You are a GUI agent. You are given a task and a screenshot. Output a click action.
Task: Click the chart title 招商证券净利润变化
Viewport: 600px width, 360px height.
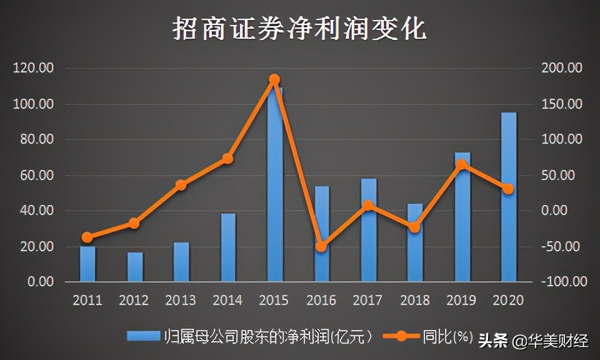point(299,29)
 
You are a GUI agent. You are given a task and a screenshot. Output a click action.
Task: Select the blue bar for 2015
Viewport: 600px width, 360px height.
point(275,187)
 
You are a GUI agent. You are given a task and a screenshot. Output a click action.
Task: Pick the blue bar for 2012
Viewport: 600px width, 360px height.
point(135,267)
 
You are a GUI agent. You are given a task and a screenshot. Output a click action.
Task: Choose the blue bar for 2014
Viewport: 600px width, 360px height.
point(228,247)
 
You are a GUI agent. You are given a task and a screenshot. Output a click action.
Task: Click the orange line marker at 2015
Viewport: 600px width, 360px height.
point(274,79)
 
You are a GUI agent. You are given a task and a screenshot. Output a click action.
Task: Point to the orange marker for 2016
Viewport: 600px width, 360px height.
point(321,247)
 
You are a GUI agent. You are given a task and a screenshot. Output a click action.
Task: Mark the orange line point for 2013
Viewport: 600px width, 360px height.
point(181,185)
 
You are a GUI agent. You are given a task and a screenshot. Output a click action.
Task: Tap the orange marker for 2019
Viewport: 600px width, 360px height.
point(462,165)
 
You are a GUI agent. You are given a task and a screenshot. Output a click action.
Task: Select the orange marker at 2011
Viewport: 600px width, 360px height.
point(87,237)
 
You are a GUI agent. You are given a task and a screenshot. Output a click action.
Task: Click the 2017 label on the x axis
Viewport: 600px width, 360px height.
point(367,301)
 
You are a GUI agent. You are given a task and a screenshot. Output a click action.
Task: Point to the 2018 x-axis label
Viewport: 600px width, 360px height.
point(414,301)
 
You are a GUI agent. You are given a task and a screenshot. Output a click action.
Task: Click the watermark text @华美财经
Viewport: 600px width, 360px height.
point(550,341)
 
